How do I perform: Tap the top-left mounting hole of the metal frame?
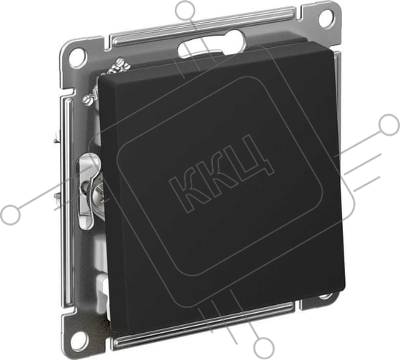77,55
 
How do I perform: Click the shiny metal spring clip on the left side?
86,191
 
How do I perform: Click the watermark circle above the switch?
186,9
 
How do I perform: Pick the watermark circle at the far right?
389,125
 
